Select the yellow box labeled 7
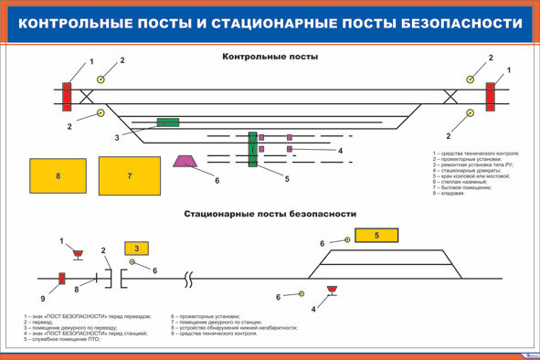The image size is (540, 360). coord(130,175)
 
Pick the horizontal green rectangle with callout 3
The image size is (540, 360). coord(168,122)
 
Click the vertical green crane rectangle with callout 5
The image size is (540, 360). coord(252,149)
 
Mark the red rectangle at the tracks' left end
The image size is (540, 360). coord(67,96)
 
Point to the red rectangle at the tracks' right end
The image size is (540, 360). coord(491,96)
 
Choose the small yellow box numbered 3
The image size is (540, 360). coord(136,248)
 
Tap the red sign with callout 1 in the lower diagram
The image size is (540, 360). coord(79,254)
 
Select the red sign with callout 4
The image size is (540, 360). coord(332,291)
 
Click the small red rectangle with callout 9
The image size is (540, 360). coord(62,279)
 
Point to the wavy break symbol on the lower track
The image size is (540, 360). coord(188,277)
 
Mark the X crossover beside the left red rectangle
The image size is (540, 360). coord(87,95)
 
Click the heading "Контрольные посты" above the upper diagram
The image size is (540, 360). coord(270,57)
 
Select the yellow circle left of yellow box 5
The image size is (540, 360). coord(348,240)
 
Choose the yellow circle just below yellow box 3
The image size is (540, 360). coord(133,263)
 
